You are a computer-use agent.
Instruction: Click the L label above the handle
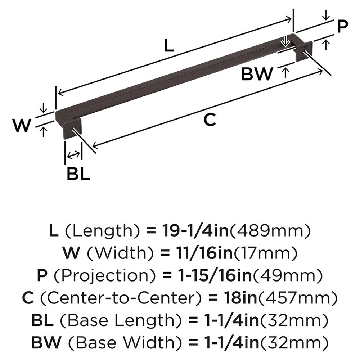pyautogui.click(x=169, y=46)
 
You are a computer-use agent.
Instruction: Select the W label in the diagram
pyautogui.click(x=21, y=126)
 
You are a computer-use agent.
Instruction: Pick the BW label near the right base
pyautogui.click(x=257, y=74)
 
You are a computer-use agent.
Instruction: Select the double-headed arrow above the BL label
pyautogui.click(x=73, y=155)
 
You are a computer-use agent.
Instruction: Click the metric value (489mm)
pyautogui.click(x=270, y=229)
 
